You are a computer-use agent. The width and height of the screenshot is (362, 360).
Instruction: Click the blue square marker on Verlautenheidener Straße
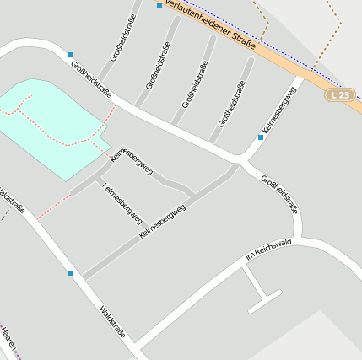pos(159,6)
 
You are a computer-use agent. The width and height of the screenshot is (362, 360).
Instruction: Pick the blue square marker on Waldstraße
pos(71,273)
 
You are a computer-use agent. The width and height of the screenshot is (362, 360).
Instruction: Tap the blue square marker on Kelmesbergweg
pos(261,137)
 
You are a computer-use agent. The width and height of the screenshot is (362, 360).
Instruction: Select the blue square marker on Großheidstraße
pos(71,54)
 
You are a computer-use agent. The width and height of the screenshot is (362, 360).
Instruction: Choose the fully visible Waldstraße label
pos(112,321)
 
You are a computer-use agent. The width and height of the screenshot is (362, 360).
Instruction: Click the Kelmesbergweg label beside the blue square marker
pos(279,110)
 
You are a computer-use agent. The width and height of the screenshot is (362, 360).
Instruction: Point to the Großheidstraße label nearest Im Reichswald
pos(280,194)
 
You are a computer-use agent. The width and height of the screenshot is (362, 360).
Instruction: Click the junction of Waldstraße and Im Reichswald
pos(134,345)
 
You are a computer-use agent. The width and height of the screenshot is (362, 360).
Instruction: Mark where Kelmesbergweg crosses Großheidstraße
pos(241,159)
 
